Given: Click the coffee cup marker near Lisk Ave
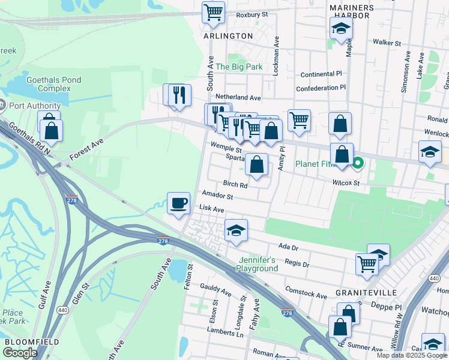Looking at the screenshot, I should (178, 203).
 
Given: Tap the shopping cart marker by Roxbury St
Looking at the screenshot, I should (213, 13).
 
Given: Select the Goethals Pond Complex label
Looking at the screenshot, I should (54, 84).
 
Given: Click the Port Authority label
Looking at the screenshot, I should (35, 106).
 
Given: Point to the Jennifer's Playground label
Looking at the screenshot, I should (258, 264).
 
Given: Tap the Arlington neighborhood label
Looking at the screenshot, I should (228, 36).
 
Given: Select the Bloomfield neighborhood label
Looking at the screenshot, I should (31, 341).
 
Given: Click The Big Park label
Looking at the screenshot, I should (239, 67).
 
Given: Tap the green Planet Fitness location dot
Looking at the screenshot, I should (358, 163).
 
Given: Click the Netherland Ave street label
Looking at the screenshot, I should (238, 97).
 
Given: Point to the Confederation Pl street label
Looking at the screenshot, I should (321, 88).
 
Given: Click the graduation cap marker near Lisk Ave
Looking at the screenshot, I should (236, 230).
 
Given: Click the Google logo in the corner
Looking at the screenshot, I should (20, 353).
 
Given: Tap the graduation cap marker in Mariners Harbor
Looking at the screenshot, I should (341, 28).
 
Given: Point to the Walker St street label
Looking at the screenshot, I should (386, 43).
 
